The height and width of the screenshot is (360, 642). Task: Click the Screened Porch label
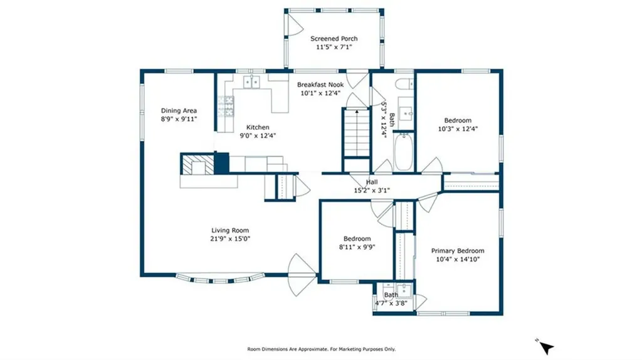point(334,38)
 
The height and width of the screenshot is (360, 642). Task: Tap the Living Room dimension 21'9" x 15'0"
point(230,239)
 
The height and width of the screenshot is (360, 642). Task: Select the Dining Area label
point(179,110)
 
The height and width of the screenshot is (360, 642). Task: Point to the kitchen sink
point(251,82)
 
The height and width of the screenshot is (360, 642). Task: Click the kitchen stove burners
point(226,107)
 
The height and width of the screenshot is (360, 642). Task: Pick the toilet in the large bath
point(404,83)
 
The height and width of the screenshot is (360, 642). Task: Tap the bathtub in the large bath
point(403,152)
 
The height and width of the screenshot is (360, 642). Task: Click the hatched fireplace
point(197,164)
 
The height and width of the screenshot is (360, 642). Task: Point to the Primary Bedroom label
point(457,251)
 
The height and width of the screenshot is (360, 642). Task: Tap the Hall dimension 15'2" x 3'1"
point(372,190)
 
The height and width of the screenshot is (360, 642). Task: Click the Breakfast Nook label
point(320,85)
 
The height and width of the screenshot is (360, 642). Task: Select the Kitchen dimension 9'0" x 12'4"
point(258,135)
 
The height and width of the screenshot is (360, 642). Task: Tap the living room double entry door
point(302,275)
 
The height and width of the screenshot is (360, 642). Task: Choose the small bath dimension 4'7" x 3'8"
point(391,304)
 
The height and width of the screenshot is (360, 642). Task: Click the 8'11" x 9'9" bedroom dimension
point(357,247)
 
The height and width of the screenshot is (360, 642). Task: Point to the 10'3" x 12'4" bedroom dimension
point(458,129)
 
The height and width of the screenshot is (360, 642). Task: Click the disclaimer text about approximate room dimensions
point(322,349)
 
